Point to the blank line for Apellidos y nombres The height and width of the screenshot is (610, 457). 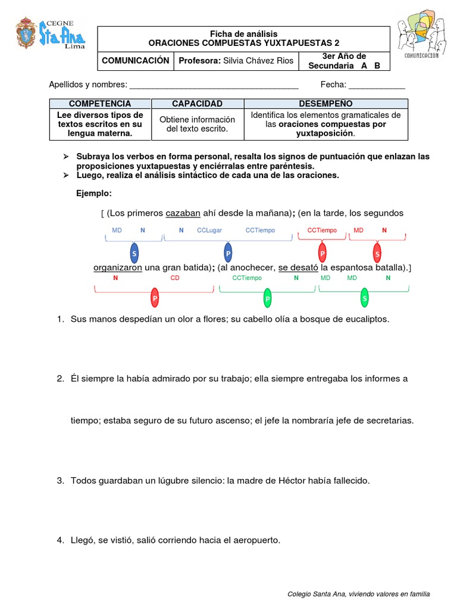[214, 85]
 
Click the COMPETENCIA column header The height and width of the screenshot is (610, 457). [100, 104]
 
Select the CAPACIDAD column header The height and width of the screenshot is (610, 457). [197, 104]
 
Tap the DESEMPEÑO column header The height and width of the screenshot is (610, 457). [325, 104]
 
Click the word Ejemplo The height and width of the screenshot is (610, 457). [94, 194]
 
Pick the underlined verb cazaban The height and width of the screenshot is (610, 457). [183, 213]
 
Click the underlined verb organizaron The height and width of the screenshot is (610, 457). [118, 267]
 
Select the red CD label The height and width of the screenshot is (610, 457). [174, 278]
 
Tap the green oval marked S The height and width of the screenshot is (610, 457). [365, 298]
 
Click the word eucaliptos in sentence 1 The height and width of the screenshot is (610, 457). [367, 319]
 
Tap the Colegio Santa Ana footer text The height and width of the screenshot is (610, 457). [358, 594]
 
